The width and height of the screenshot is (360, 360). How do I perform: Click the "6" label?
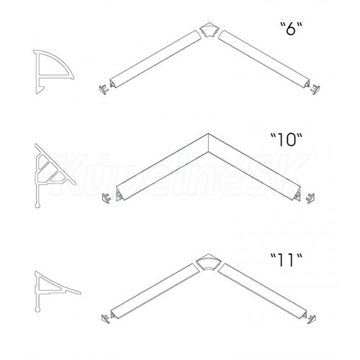coord(291,29)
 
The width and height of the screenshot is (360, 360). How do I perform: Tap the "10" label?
coord(286,140)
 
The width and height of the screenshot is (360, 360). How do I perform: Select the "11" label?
coord(286,260)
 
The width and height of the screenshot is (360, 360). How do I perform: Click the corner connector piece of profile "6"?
coord(208,30)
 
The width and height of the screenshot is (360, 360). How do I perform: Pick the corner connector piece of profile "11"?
coord(208,261)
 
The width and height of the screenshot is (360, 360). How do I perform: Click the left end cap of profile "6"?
coord(104,89)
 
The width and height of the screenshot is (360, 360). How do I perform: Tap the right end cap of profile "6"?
coord(315,89)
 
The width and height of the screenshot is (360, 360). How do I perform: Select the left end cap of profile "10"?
coord(107,197)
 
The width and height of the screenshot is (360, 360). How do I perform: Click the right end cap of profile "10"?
coord(310,197)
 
